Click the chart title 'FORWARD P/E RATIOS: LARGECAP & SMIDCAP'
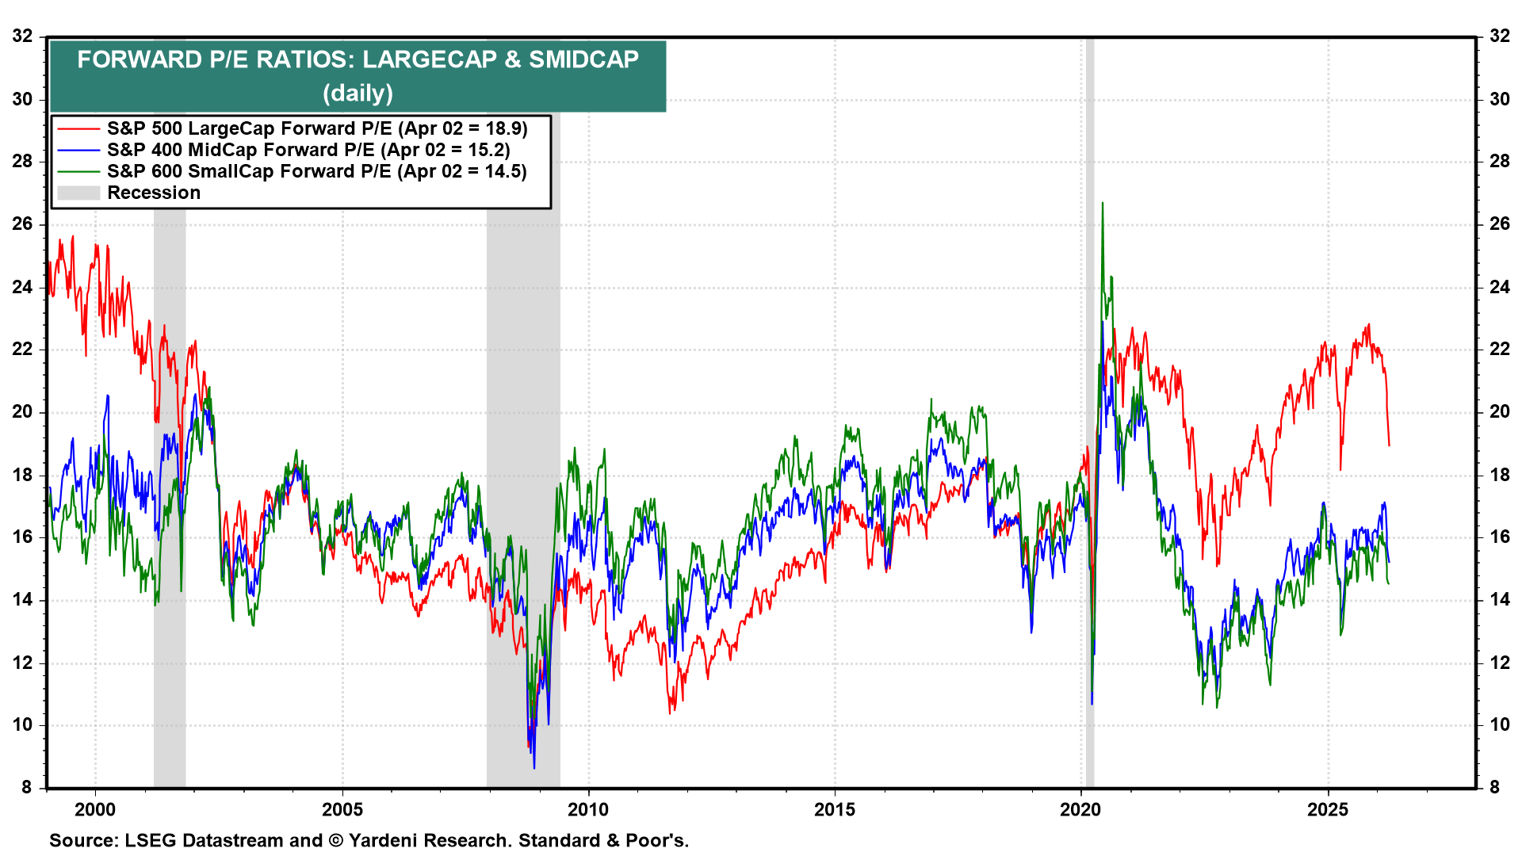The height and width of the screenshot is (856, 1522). (x=358, y=59)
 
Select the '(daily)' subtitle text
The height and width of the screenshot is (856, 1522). (x=358, y=94)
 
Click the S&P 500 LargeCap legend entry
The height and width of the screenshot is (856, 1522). (x=317, y=128)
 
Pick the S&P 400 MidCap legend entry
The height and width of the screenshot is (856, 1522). (x=308, y=150)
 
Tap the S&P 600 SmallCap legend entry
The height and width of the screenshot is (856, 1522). (x=317, y=171)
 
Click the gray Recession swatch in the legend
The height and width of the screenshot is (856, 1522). (x=78, y=193)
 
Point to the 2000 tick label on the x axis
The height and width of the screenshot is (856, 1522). (x=95, y=809)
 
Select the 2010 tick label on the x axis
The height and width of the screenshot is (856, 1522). (x=588, y=809)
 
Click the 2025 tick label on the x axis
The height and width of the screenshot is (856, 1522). (x=1328, y=809)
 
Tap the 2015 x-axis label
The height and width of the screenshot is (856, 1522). (x=835, y=809)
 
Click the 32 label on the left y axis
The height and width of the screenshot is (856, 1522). (x=22, y=36)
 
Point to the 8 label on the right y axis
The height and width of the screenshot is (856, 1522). (x=1494, y=787)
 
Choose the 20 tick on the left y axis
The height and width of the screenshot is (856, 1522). (x=22, y=411)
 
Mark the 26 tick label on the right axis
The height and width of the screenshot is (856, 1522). (x=1499, y=224)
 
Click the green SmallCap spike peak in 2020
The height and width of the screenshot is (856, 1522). (x=1102, y=204)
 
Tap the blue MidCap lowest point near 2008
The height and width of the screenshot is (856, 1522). (x=534, y=767)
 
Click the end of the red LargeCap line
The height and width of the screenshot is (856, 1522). (x=1389, y=445)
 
